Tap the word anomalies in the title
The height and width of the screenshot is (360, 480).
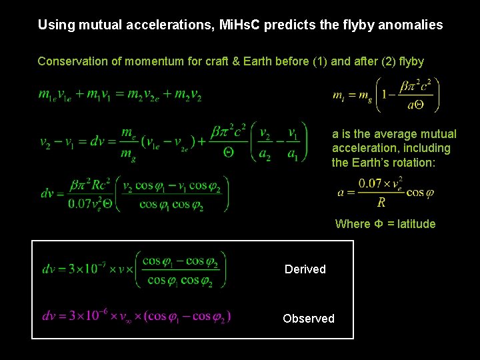408,25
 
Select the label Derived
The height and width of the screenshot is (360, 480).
305,269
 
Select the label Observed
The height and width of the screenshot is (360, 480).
308,319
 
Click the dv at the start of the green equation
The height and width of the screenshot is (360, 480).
49,269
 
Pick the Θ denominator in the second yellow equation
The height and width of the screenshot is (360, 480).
228,151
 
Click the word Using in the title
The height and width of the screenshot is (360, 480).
54,25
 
